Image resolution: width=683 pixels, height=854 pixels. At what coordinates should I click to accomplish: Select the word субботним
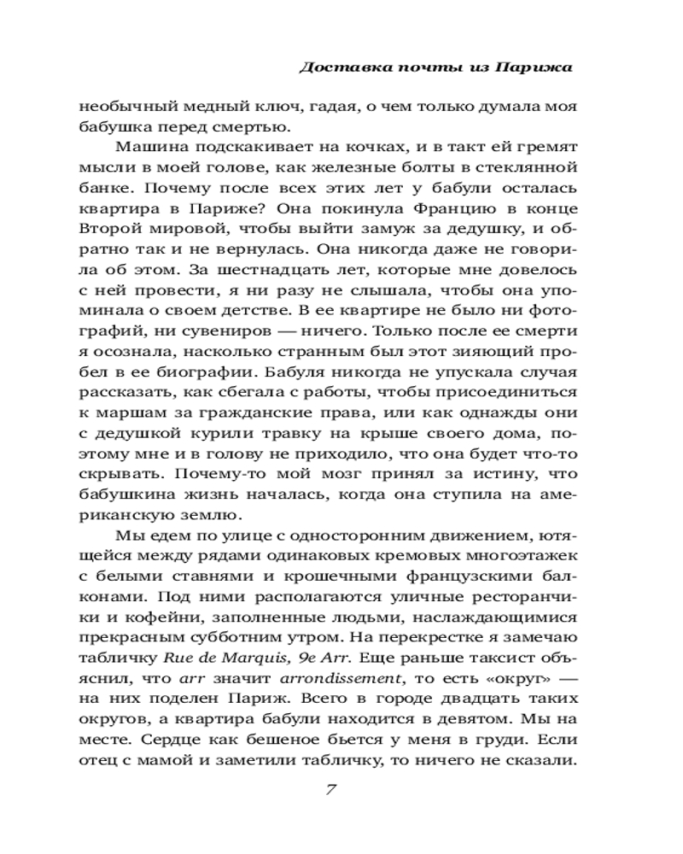click(x=251, y=640)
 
